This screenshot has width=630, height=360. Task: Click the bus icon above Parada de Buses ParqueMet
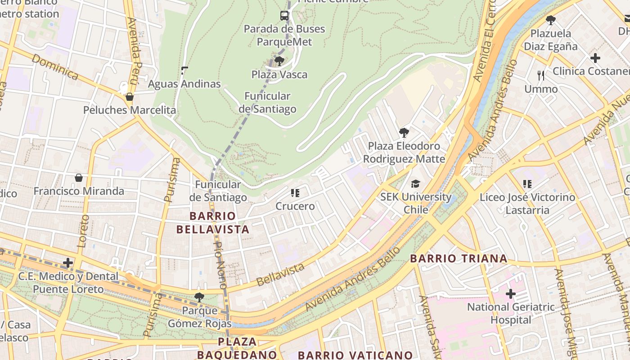tap(284, 16)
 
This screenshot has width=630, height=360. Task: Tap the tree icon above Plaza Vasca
tap(279, 61)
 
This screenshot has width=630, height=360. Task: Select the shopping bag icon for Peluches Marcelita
tap(130, 97)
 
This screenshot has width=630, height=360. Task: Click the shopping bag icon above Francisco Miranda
tap(79, 178)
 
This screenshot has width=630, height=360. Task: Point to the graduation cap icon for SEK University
tap(415, 184)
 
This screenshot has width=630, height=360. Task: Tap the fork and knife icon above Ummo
tap(541, 76)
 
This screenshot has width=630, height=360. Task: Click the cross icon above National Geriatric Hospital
tap(510, 294)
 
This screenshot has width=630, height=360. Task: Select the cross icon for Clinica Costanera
tap(595, 58)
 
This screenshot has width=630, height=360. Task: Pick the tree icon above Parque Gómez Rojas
tap(199, 297)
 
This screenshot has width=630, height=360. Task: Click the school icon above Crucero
tap(295, 193)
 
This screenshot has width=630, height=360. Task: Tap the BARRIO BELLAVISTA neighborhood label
tap(212, 223)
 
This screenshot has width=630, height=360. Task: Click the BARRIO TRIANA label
tap(459, 259)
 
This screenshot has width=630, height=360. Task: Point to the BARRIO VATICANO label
tap(355, 355)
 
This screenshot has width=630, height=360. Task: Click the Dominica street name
tap(55, 67)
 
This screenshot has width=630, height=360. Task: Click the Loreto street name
tap(82, 231)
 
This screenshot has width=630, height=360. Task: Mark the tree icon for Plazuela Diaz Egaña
tap(550, 20)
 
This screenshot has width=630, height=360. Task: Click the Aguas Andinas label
tap(184, 84)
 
